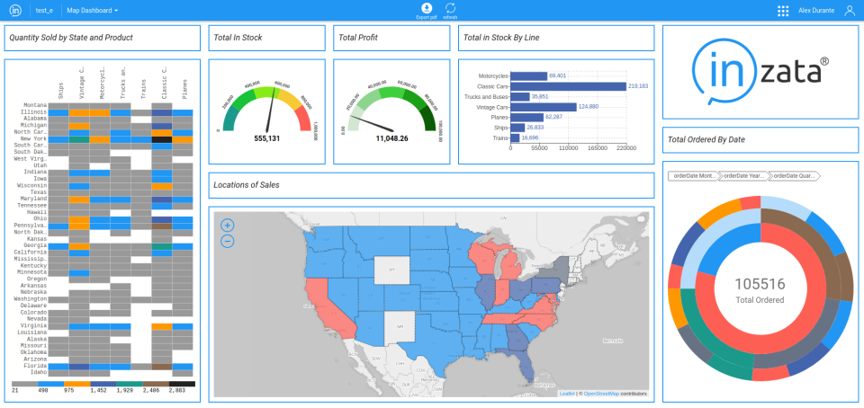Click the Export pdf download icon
point(426,8)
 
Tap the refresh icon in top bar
point(450,8)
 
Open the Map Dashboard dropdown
point(93,11)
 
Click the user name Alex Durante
point(814,11)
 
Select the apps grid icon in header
point(783,11)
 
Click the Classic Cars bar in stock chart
point(568,86)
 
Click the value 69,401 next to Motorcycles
point(557,76)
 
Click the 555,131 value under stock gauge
point(267,138)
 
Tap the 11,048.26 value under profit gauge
point(392,138)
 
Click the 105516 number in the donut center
point(760,284)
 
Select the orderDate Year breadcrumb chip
point(743,176)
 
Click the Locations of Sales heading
point(247,185)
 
